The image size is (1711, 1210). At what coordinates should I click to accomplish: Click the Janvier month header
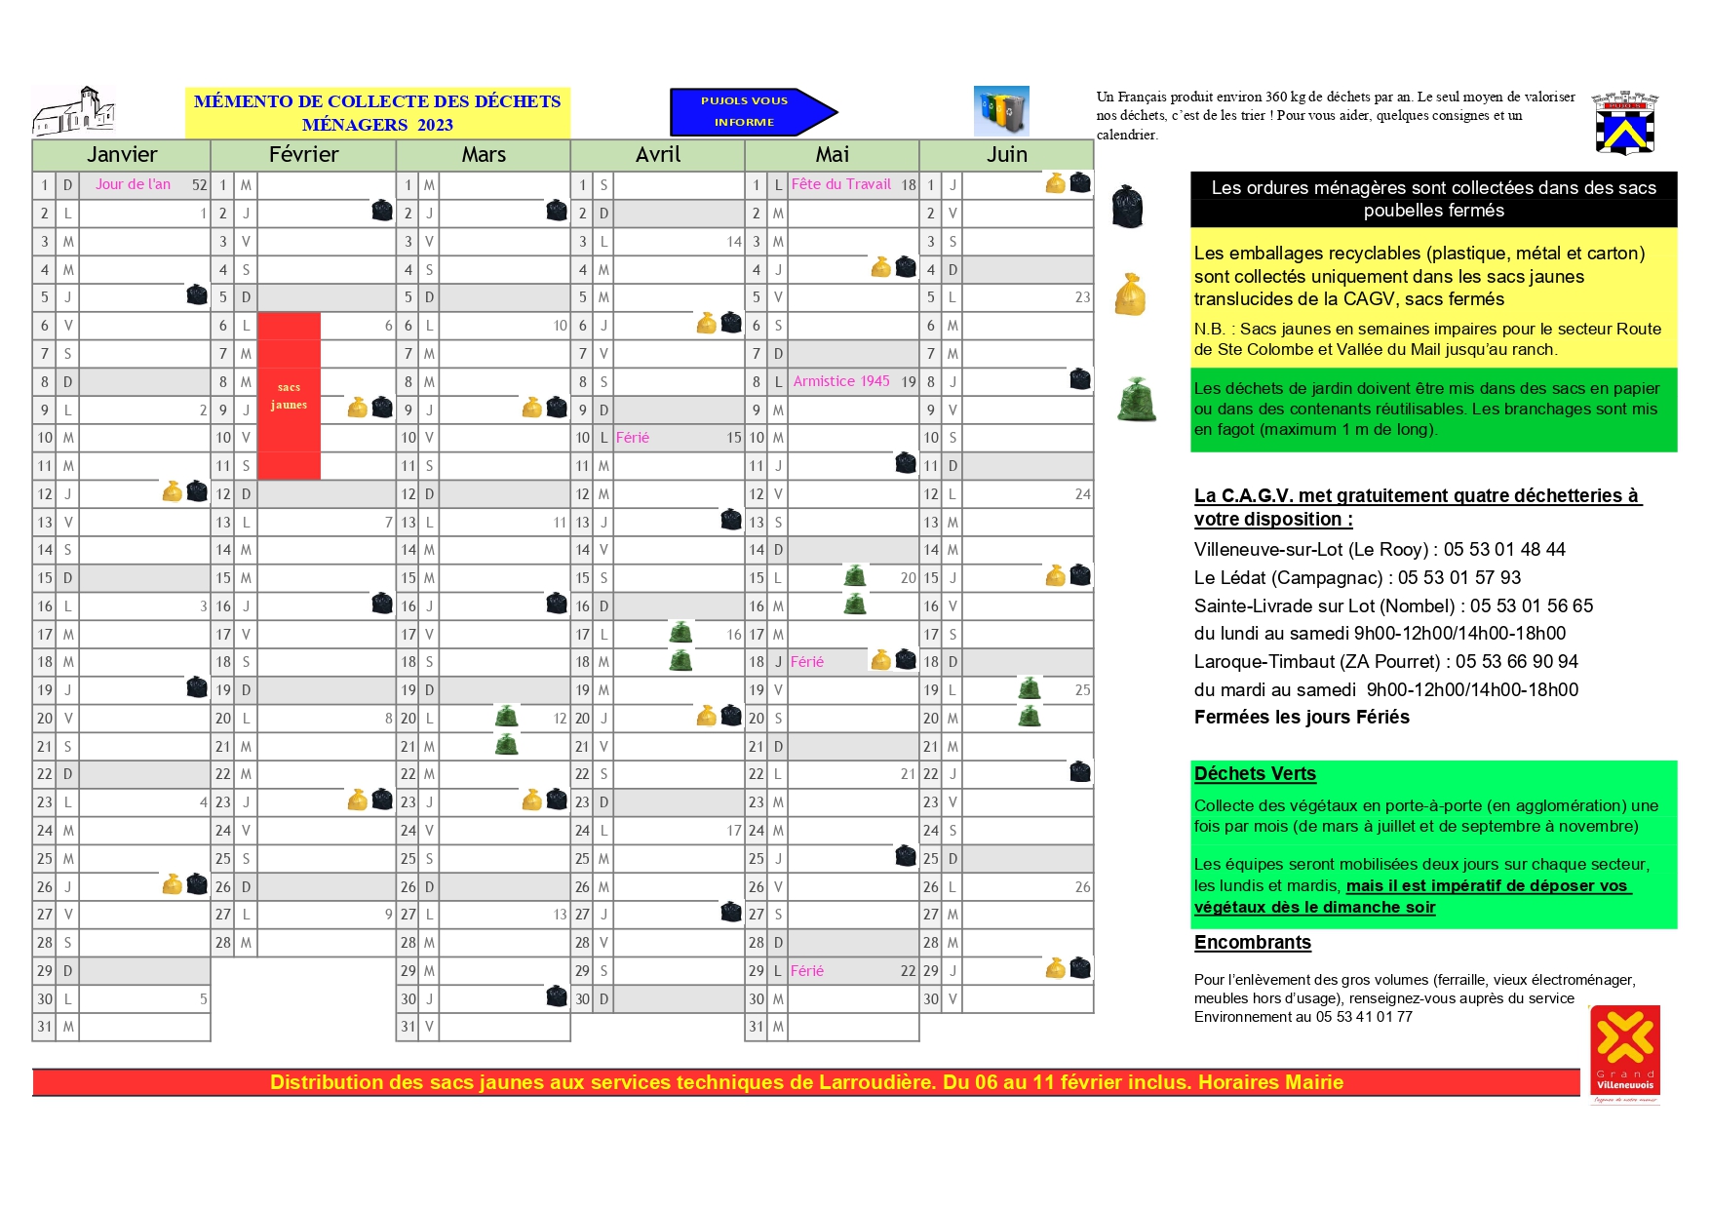(x=122, y=155)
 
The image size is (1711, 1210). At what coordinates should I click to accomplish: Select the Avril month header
(x=658, y=155)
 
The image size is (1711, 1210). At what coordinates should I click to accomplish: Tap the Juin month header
(x=1006, y=155)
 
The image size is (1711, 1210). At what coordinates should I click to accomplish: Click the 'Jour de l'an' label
(x=133, y=184)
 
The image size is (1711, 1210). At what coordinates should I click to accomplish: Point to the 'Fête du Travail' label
(x=840, y=184)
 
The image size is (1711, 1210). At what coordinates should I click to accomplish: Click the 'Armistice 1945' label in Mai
(x=840, y=381)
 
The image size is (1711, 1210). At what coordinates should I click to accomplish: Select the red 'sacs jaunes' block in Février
(x=289, y=396)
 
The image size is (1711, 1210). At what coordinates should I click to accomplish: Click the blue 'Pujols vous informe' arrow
(x=752, y=111)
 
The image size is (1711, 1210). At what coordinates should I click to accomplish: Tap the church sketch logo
(x=75, y=111)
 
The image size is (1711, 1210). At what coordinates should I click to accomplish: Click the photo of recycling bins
(x=1001, y=111)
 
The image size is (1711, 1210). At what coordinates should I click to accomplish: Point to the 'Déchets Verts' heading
(x=1255, y=774)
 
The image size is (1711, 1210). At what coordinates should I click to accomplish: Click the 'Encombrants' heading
(x=1253, y=943)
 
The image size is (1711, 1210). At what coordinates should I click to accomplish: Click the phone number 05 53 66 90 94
(x=1517, y=662)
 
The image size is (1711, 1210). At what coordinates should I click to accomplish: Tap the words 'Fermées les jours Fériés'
(x=1302, y=718)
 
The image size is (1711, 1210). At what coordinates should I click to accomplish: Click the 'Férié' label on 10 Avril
(x=632, y=438)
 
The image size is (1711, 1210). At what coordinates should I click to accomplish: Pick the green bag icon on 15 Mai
(x=855, y=576)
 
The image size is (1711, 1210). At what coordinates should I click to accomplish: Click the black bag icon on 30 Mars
(x=557, y=997)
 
